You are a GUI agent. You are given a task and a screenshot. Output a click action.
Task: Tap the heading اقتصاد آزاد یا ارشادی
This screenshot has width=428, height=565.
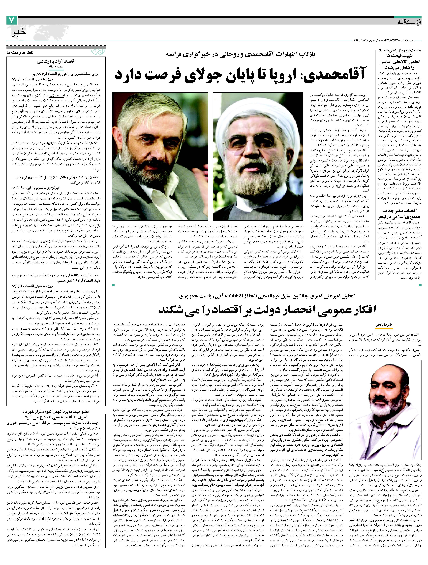(56, 61)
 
